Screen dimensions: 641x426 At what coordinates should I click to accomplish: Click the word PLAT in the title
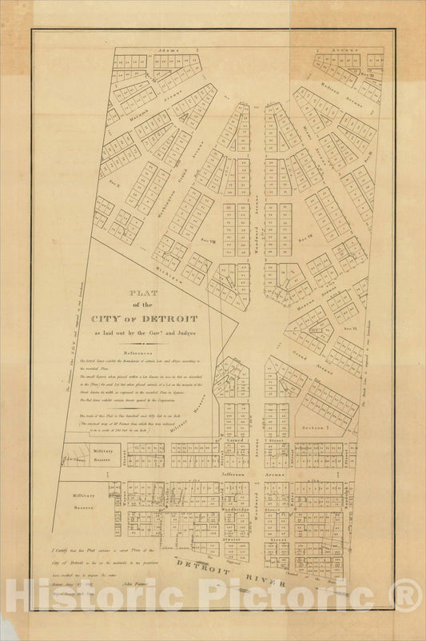pos(145,292)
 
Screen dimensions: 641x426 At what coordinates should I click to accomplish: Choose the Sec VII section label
pos(305,237)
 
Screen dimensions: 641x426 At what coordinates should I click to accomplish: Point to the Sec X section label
pos(112,184)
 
